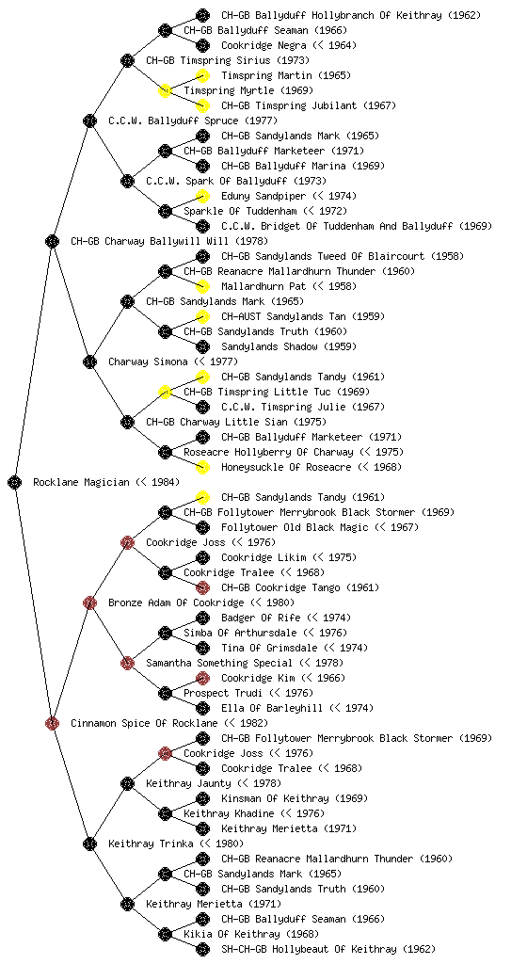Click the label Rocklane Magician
tap(81, 483)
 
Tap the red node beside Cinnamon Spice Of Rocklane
tap(52, 723)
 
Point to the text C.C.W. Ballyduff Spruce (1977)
tap(193, 121)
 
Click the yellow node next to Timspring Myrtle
tap(165, 90)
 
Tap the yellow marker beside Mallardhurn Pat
tap(202, 286)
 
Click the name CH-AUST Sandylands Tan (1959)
tap(303, 316)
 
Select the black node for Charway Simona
tap(89, 361)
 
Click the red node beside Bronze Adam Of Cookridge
tap(89, 602)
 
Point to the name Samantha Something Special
tap(218, 664)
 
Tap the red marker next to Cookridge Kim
tap(202, 678)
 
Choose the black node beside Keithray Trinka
tap(89, 843)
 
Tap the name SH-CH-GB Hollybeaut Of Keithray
tap(309, 949)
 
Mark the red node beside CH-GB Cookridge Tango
tap(202, 587)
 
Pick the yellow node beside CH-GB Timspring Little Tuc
tap(165, 392)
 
